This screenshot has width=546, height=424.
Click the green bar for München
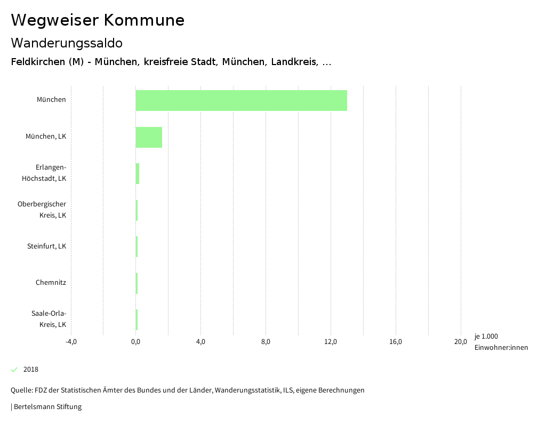point(241,100)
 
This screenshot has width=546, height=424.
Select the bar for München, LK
point(149,137)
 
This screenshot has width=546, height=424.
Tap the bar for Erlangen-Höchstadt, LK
point(138,174)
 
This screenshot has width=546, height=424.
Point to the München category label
point(51,100)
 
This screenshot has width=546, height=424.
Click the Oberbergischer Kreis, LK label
point(42,210)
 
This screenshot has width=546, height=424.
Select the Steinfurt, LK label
point(46,246)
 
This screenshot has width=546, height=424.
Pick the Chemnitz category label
point(51,283)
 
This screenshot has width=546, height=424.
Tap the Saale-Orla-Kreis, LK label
point(49,319)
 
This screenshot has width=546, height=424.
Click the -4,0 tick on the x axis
point(71,342)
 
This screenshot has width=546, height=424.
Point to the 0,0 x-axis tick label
point(135,342)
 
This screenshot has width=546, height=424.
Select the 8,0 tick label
point(266,342)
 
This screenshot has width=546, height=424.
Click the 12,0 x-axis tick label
point(331,342)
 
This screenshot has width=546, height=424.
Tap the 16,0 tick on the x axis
point(396,342)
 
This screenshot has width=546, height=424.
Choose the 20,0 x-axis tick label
point(460,342)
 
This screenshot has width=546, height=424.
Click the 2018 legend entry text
point(31,370)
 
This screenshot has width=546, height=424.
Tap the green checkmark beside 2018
point(14,370)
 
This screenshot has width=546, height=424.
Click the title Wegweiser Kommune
point(98,20)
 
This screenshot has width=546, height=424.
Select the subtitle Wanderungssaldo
point(67,43)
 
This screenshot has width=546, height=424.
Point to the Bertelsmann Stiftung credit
point(47,407)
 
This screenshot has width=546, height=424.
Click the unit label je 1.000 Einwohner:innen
point(501,342)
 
